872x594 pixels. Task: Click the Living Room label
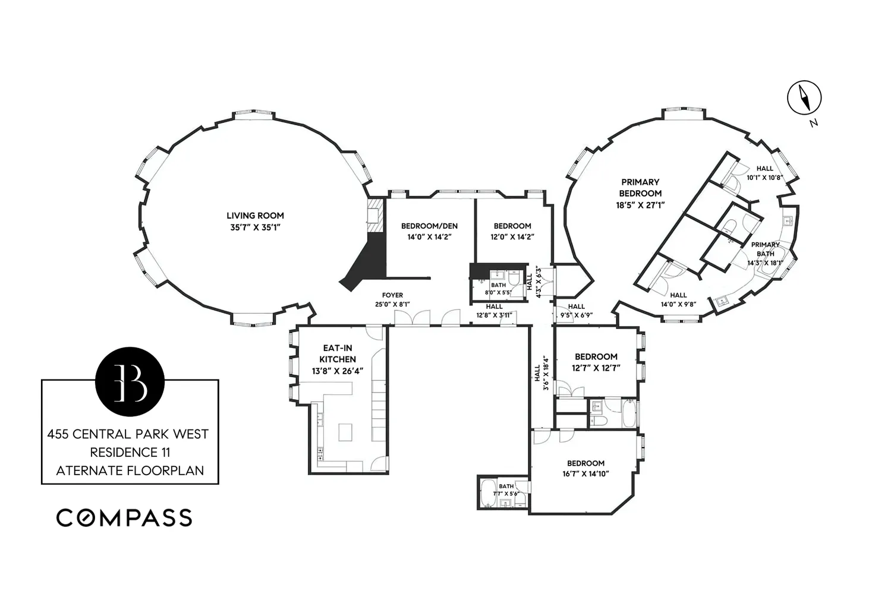pos(255,216)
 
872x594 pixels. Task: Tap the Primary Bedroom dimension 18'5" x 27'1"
pos(640,205)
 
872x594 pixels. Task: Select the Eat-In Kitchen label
pos(338,353)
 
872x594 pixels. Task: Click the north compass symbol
pos(804,97)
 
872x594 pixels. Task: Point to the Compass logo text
pos(124,518)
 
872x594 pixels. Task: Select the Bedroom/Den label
pos(429,226)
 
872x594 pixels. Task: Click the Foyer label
pos(392,295)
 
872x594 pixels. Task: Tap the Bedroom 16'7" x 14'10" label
pos(585,463)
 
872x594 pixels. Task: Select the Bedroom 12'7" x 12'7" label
pos(596,356)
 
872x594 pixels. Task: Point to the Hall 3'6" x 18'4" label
pos(537,373)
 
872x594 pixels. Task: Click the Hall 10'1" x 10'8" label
pos(764,169)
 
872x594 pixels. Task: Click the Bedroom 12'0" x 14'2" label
pos(512,226)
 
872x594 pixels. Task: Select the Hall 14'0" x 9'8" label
pos(678,295)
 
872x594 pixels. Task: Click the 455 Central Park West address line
pos(128,434)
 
